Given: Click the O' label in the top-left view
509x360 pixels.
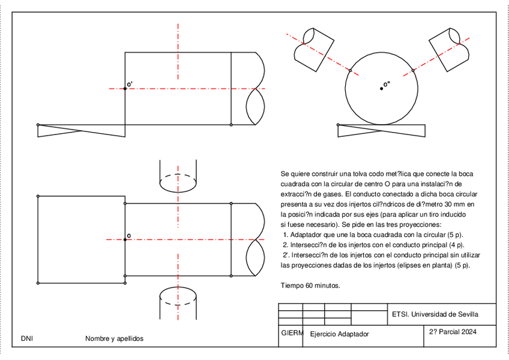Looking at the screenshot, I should click(130, 85).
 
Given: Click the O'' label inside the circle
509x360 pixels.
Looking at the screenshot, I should click(387, 85).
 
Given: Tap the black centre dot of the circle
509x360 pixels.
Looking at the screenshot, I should click(381, 89).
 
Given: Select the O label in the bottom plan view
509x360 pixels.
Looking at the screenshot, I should click(129, 236).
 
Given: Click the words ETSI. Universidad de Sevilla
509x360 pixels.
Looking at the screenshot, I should click(435, 314).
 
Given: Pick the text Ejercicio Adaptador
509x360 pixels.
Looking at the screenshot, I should click(340, 334).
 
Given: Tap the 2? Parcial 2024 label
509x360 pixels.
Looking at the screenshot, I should click(453, 331).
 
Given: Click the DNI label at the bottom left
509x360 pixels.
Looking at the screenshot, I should click(26, 339).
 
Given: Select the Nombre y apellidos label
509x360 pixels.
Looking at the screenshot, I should click(115, 339).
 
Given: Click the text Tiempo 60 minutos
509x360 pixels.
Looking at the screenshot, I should click(310, 286).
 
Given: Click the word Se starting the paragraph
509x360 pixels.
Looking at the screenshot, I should click(285, 173).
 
